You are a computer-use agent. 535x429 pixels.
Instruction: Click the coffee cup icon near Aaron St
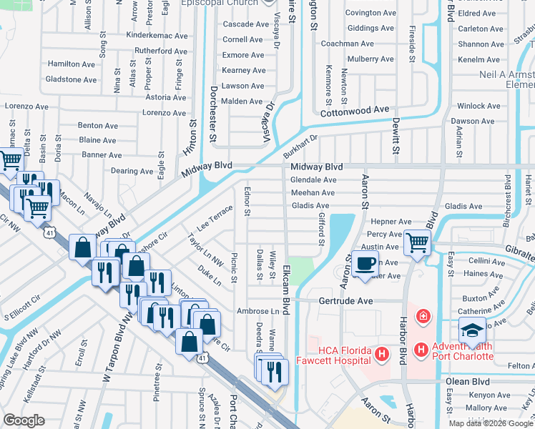coord(365,262)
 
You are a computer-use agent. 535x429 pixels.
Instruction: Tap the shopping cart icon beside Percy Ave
coord(416,242)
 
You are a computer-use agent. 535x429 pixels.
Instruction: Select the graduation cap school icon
coord(472,331)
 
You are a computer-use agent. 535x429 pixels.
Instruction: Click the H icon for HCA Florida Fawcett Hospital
coord(382,354)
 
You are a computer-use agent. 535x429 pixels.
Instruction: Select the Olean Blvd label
coord(467,381)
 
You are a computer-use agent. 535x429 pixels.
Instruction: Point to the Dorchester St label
coord(213,114)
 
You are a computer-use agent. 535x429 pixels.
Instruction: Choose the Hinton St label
coord(192,133)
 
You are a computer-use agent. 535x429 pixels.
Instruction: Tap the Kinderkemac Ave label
coord(156,35)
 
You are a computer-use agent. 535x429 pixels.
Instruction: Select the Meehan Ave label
coord(313,192)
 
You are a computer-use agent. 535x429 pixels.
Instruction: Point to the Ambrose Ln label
coord(258,312)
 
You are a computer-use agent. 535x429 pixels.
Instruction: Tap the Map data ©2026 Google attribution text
coord(491,423)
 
